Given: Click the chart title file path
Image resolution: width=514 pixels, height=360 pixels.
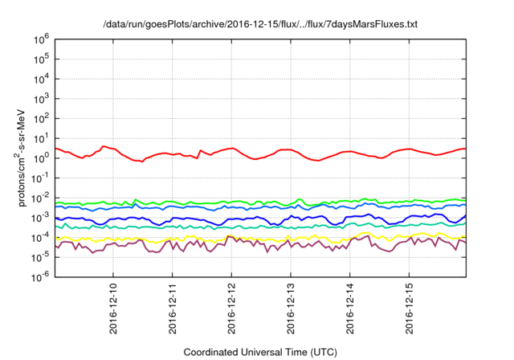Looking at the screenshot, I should [x=261, y=24].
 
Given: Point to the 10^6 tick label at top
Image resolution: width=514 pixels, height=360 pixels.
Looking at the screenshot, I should [x=40, y=38].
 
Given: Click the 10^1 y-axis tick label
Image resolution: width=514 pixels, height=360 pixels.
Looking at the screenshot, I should [x=40, y=137].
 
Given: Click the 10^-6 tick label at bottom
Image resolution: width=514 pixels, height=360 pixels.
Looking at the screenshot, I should [x=39, y=276].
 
